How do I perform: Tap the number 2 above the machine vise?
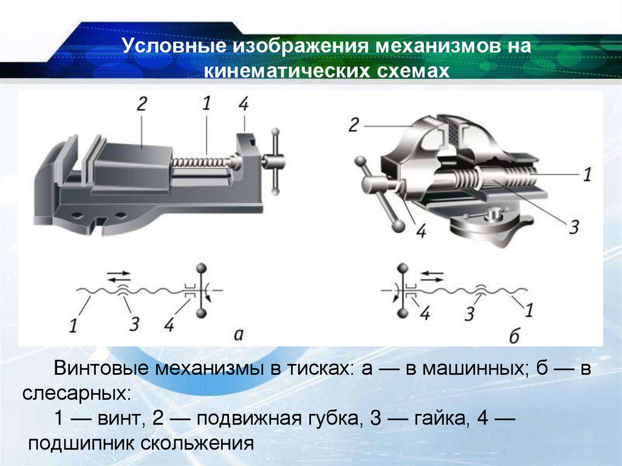pos(142,104)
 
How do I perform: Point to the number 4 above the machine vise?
pos(244,104)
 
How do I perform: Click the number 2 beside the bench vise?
pos(355,125)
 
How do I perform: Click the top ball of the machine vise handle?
pos(275,133)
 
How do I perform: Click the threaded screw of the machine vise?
pos(200,162)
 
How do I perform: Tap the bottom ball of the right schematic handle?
pos(402,313)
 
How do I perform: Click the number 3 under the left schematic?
pos(132,323)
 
